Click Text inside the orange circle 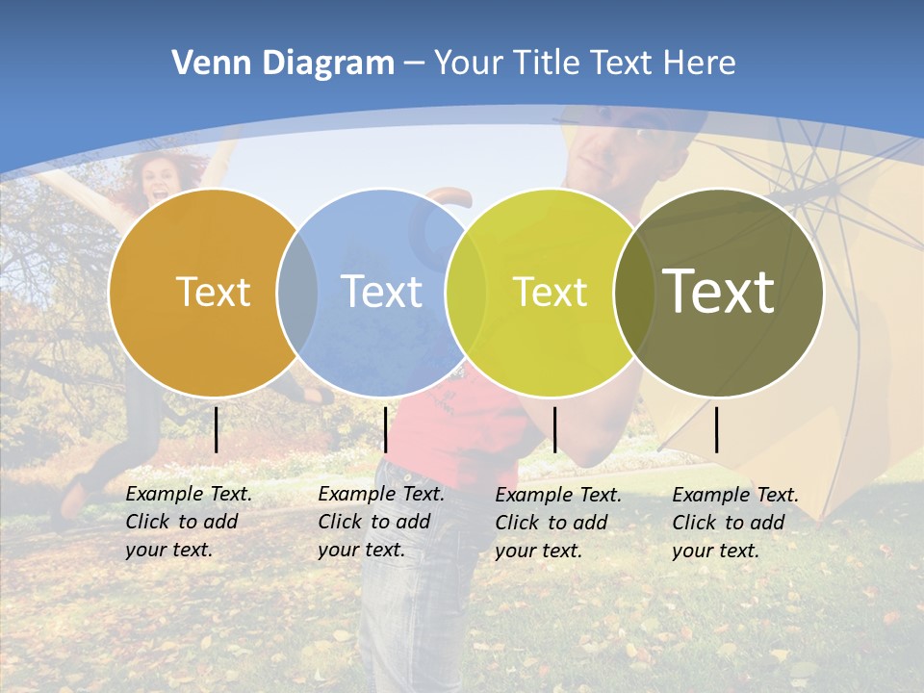click(x=213, y=292)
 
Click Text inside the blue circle click(x=381, y=292)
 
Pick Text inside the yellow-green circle click(x=550, y=292)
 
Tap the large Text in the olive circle click(x=718, y=291)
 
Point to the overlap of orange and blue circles click(x=297, y=292)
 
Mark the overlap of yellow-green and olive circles click(x=634, y=292)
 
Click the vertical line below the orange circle click(x=217, y=429)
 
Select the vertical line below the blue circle click(x=385, y=429)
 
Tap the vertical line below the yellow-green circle click(x=554, y=429)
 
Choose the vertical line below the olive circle click(x=717, y=429)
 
